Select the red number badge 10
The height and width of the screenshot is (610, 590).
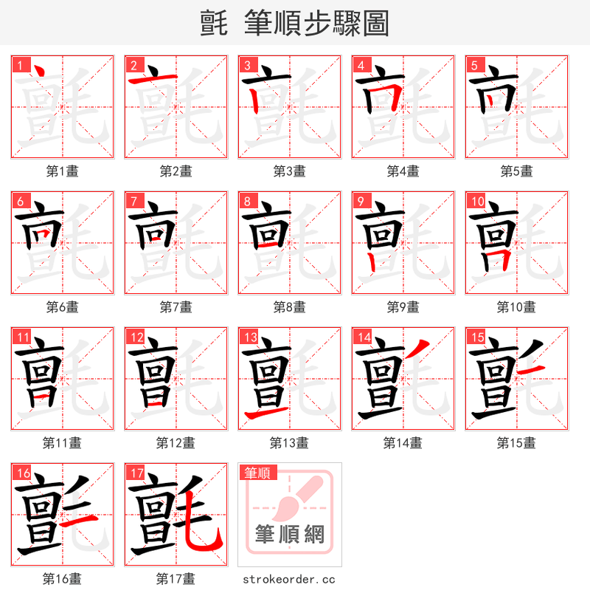click(x=477, y=201)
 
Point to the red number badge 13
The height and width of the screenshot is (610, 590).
click(x=250, y=337)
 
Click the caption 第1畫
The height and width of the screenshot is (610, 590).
click(x=63, y=171)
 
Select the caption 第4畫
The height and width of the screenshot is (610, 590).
click(x=403, y=171)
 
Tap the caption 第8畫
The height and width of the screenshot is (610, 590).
click(x=290, y=306)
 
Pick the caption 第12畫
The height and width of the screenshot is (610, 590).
click(x=176, y=442)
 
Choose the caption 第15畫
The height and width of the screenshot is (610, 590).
click(x=516, y=442)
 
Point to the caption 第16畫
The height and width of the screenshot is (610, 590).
click(x=63, y=578)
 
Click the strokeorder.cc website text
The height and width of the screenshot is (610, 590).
click(x=289, y=579)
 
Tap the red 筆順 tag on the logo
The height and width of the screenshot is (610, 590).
click(x=257, y=473)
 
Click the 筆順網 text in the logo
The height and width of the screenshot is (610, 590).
click(x=289, y=534)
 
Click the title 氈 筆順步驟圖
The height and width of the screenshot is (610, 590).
click(x=295, y=23)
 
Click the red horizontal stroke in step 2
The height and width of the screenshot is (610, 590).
click(x=153, y=78)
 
